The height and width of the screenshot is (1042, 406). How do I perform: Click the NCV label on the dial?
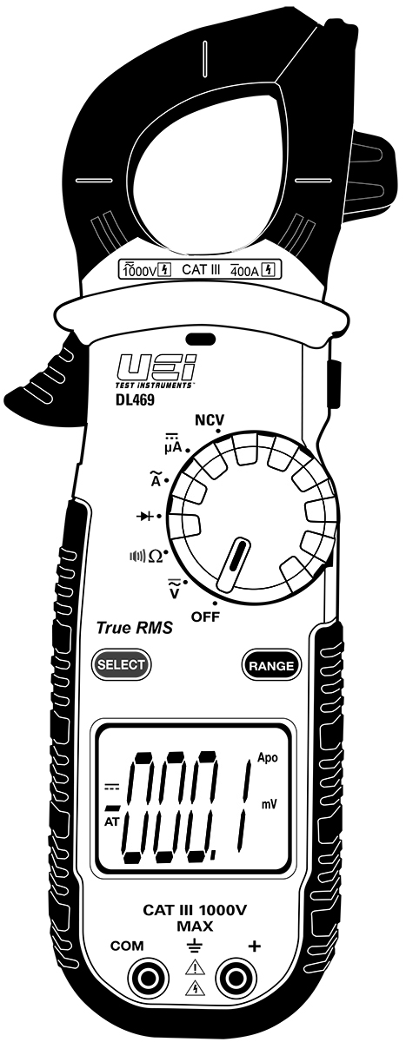pyautogui.click(x=210, y=420)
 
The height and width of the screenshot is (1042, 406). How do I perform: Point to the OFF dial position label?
pyautogui.click(x=205, y=617)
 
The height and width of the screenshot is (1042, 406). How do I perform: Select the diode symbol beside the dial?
pyautogui.click(x=145, y=516)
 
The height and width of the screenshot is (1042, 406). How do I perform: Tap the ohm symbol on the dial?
pyautogui.click(x=155, y=556)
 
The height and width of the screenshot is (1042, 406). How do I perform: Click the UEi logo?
pyautogui.click(x=156, y=368)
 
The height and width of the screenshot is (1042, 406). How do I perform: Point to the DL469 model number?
pyautogui.click(x=135, y=399)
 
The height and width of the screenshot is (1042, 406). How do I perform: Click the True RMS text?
pyautogui.click(x=134, y=628)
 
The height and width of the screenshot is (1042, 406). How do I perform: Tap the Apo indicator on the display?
pyautogui.click(x=267, y=758)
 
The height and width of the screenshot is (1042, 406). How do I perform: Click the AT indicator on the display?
pyautogui.click(x=112, y=822)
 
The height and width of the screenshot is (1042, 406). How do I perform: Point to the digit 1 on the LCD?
pyautogui.click(x=244, y=806)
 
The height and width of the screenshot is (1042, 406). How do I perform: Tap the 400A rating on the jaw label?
pyautogui.click(x=244, y=270)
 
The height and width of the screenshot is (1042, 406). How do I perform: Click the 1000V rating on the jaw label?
pyautogui.click(x=140, y=270)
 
